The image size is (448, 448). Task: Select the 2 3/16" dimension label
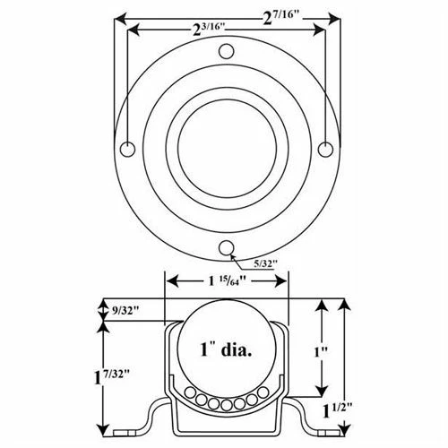click(x=211, y=30)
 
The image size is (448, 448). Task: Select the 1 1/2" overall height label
click(x=339, y=411)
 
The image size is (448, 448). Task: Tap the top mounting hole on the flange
click(x=227, y=50)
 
